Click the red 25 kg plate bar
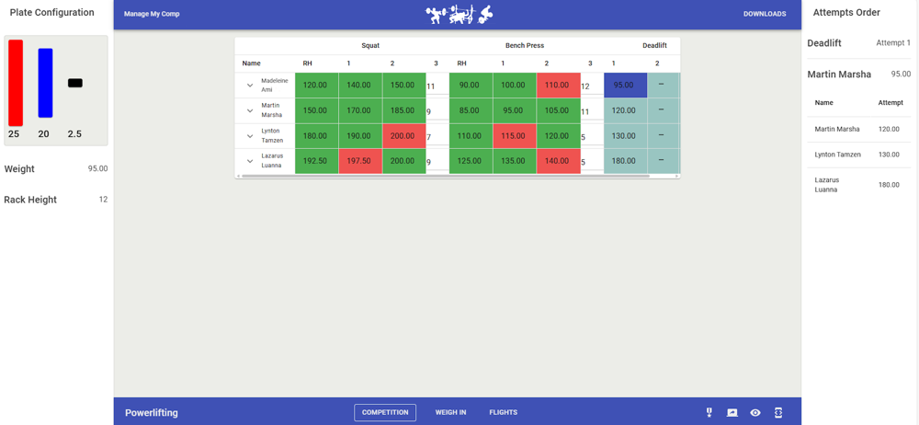point(16,83)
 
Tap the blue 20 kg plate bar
point(45,83)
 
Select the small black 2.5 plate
point(75,83)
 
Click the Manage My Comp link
point(152,14)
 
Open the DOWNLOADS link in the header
point(765,14)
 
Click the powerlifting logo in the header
point(459,14)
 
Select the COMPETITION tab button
point(385,412)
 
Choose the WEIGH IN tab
point(450,412)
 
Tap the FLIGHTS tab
point(503,412)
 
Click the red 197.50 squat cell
point(360,161)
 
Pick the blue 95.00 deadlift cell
point(625,86)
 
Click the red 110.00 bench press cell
point(557,86)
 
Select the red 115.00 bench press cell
point(514,136)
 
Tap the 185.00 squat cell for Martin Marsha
point(403,110)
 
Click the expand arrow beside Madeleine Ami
point(250,86)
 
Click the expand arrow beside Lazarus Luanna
point(250,161)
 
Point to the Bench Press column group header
point(525,45)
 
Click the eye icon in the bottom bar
point(755,413)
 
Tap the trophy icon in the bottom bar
point(709,413)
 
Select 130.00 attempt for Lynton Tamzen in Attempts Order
point(889,155)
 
